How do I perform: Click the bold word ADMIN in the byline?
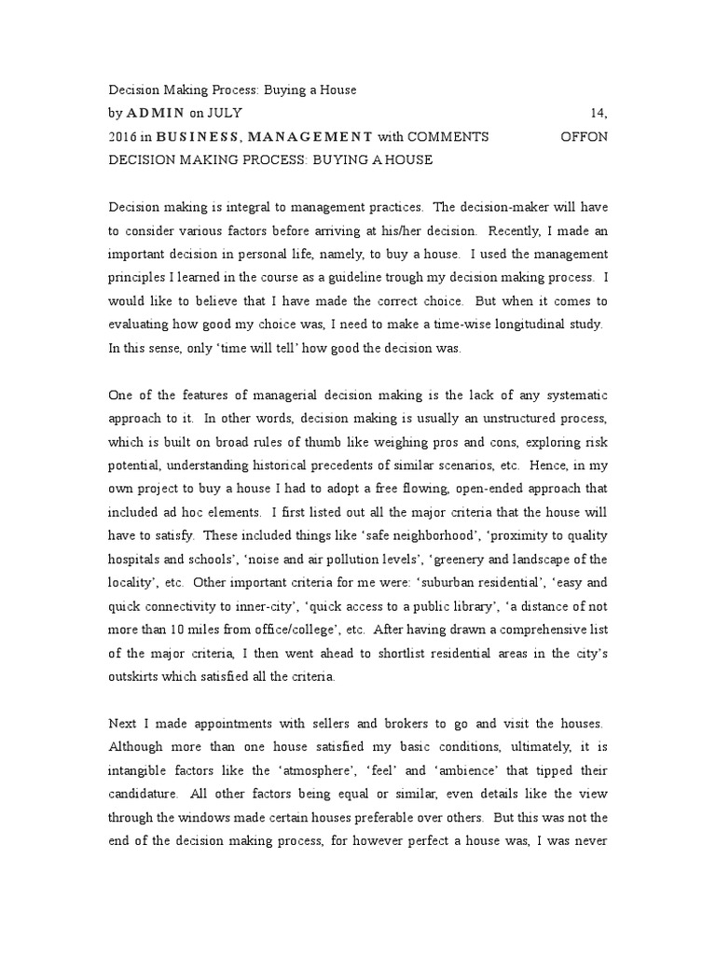click(158, 113)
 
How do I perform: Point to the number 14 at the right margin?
click(599, 113)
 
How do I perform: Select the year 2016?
click(124, 136)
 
